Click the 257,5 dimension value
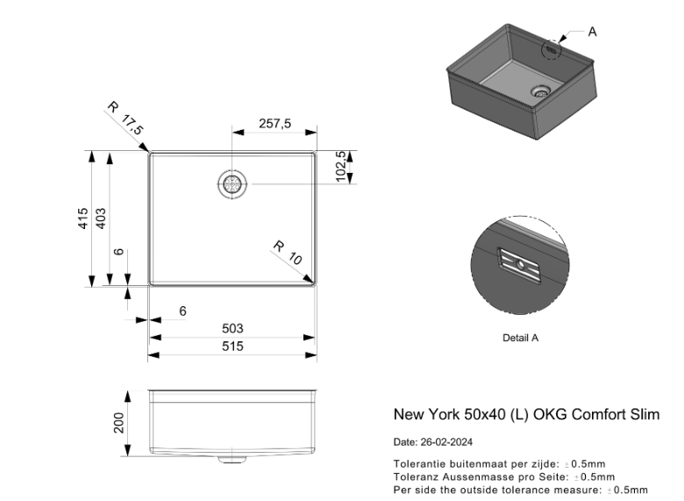tap(274, 125)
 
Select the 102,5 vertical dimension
tap(342, 167)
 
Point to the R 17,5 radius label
tap(125, 118)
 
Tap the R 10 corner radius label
tap(286, 253)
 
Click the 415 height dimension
tap(82, 218)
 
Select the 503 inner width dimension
tap(232, 328)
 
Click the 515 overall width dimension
tap(232, 346)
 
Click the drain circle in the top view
tap(232, 184)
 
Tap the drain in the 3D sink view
tap(542, 89)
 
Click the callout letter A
tap(592, 32)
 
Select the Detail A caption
tap(521, 337)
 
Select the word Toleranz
tap(415, 476)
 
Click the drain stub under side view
tap(232, 458)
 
